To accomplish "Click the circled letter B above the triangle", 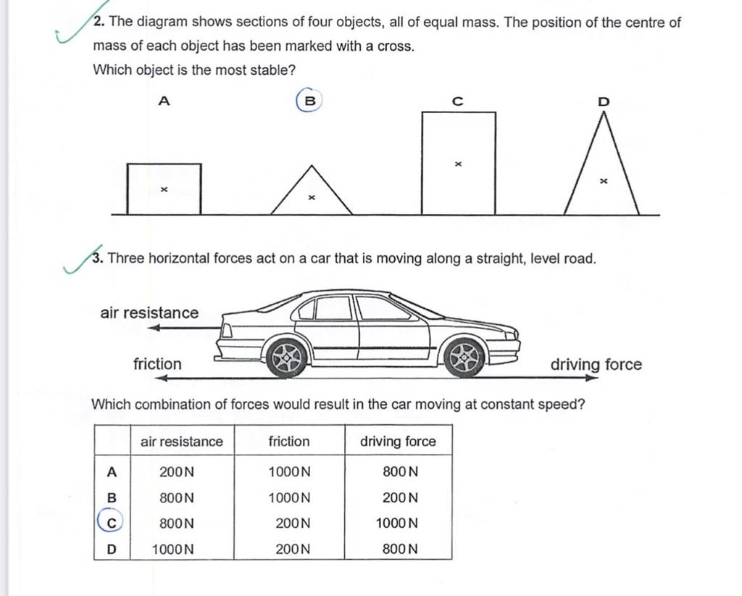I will [309, 102].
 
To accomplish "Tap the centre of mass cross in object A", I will [164, 189].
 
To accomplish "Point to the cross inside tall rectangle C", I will [458, 165].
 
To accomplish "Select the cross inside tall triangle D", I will [603, 183].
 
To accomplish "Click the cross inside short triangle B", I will [312, 196].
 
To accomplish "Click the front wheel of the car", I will [464, 357].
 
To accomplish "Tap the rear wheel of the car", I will [287, 357].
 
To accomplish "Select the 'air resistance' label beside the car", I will [149, 313].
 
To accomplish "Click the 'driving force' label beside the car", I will [596, 364].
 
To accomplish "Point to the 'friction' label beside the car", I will [157, 364].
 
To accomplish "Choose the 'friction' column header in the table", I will [288, 441].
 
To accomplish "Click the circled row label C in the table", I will [111, 523].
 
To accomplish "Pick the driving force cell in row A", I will [400, 472].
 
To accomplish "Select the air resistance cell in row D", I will [172, 549].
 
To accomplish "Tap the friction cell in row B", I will [289, 498].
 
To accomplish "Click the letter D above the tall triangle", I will [604, 102].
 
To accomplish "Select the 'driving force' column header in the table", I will [399, 441].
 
